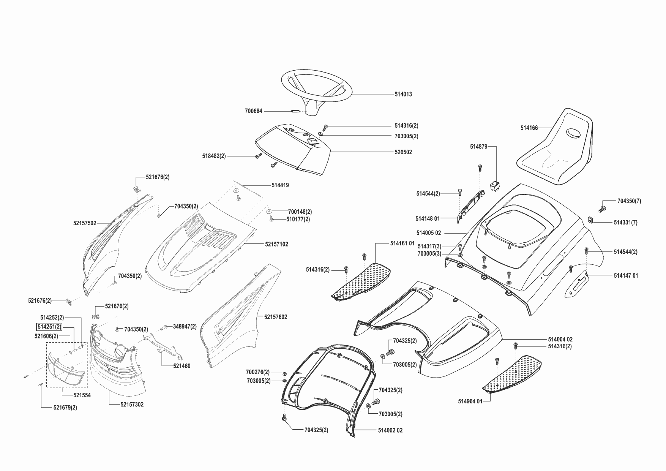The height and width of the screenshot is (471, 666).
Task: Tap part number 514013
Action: pos(403,94)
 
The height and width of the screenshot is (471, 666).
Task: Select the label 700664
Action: pos(253,111)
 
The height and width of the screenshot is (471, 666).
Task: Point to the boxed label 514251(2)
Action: pos(49,327)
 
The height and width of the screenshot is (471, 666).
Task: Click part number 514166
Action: pos(529,128)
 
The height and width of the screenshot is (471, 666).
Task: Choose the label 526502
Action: pos(403,152)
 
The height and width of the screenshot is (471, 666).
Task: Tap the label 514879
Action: pos(478,147)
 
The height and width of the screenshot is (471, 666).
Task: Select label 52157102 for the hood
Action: pos(276,244)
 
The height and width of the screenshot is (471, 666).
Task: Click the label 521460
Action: pos(181,366)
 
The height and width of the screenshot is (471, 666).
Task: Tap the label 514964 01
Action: pos(470,401)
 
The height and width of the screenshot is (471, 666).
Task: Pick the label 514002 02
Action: pos(390,430)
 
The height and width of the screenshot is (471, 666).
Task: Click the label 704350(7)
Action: pos(629,201)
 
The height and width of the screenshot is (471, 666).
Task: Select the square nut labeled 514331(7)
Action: pos(591,220)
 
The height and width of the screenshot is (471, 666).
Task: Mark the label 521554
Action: pos(82,395)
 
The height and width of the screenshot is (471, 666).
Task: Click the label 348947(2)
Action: pos(185,326)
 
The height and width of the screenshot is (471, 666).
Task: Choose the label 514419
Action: pos(280,185)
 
